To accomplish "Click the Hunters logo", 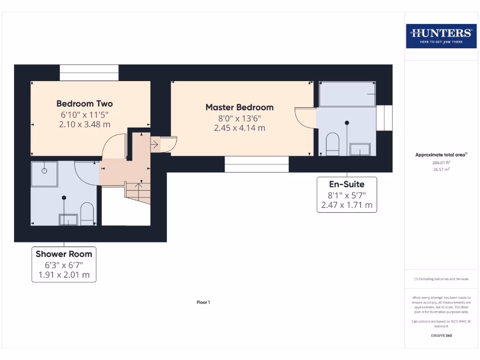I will click(x=441, y=36).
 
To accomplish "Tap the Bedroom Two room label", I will click(x=84, y=104).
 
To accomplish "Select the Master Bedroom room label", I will click(x=239, y=107).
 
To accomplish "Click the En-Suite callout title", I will click(x=346, y=184).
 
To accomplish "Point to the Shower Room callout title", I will click(x=64, y=254).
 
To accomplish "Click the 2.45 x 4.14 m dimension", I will click(x=239, y=127).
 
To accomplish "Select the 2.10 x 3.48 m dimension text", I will click(x=84, y=124).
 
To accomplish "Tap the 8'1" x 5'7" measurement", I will click(x=346, y=195).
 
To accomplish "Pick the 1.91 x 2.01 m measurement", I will click(x=64, y=275).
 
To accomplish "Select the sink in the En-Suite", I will click(x=360, y=149).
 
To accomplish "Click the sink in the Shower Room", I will click(x=68, y=219).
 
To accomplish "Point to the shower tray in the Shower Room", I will click(x=45, y=174).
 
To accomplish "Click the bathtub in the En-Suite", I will click(x=347, y=94).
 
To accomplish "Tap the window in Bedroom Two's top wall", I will click(x=89, y=73).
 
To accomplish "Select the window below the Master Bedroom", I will click(x=256, y=164).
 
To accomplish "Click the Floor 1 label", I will click(x=203, y=302).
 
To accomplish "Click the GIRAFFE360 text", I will click(x=441, y=336).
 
